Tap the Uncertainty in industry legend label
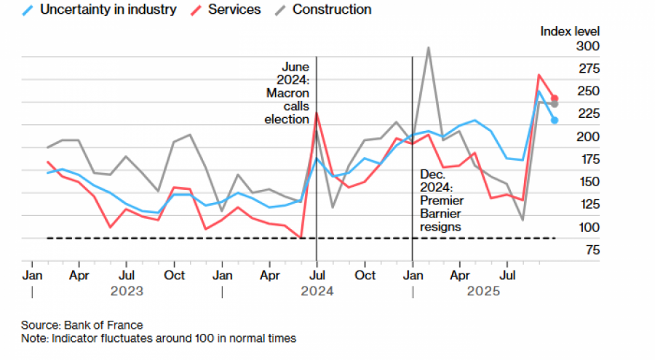pyautogui.click(x=108, y=9)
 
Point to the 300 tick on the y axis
pyautogui.click(x=567, y=46)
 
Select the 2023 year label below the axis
pyautogui.click(x=127, y=291)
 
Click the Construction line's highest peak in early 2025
pyautogui.click(x=428, y=48)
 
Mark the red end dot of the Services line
pyautogui.click(x=555, y=98)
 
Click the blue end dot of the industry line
pyautogui.click(x=555, y=121)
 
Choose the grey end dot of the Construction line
pyautogui.click(x=555, y=104)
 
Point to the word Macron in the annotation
pyautogui.click(x=287, y=93)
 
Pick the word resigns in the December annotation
pyautogui.click(x=441, y=227)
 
